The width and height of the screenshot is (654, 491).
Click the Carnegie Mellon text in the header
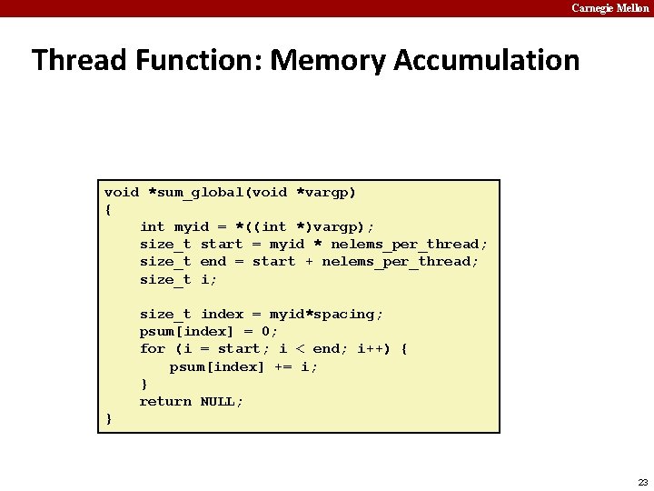click(x=609, y=8)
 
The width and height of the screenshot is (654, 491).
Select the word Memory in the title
click(x=328, y=61)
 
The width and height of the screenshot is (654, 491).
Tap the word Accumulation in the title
click(x=488, y=61)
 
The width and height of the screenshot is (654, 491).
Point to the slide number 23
click(x=643, y=482)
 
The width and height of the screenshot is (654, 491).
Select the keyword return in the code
click(x=165, y=401)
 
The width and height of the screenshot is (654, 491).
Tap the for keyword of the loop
click(x=153, y=348)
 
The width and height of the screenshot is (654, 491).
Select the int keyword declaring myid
click(x=153, y=226)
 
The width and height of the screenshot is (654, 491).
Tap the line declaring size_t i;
click(x=178, y=279)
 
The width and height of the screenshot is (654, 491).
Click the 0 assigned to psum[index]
click(x=266, y=331)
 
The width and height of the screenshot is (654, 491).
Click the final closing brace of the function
click(x=109, y=418)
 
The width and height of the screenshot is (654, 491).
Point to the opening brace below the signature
click(x=109, y=209)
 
